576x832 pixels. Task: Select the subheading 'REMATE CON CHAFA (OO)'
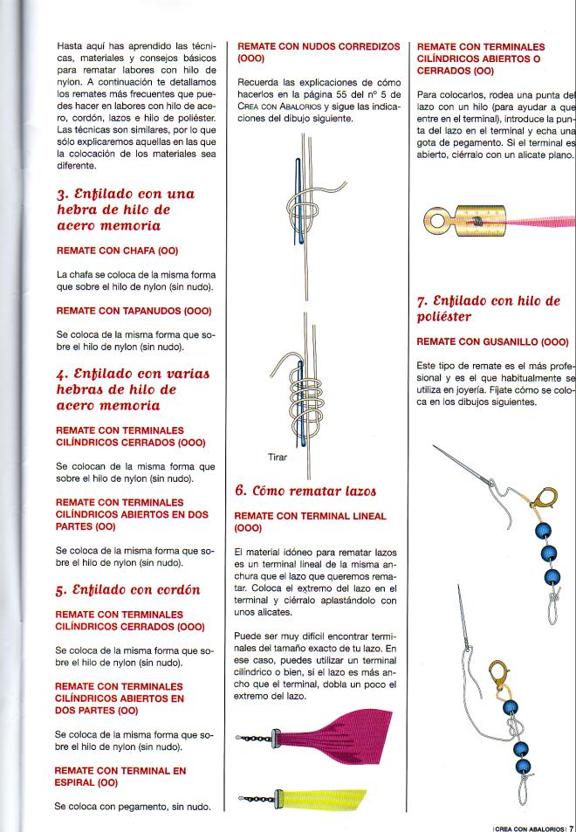[x=116, y=250]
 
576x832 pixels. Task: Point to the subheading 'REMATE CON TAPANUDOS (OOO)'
[x=134, y=310]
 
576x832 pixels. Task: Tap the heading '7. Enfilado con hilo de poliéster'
[x=488, y=308]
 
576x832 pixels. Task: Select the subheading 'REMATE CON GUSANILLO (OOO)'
[x=492, y=341]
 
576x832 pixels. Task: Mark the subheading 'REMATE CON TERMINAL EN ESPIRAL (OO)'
[x=120, y=777]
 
